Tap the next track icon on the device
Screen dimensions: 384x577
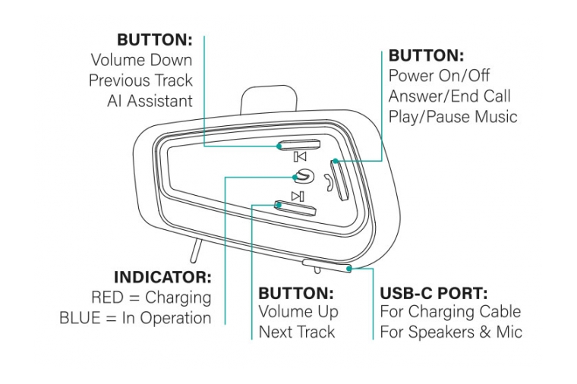(298, 196)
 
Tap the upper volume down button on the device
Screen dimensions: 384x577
(299, 145)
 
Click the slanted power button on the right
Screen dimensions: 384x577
(339, 180)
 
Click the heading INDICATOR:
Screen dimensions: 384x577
(162, 278)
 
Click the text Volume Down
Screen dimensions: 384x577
(141, 60)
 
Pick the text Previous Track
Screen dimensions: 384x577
(140, 80)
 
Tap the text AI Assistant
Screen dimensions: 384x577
(149, 101)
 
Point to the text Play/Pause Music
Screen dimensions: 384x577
(452, 117)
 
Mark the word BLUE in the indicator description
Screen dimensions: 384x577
(81, 318)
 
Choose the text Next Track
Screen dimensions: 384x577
(297, 332)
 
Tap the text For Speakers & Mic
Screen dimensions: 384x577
(451, 332)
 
